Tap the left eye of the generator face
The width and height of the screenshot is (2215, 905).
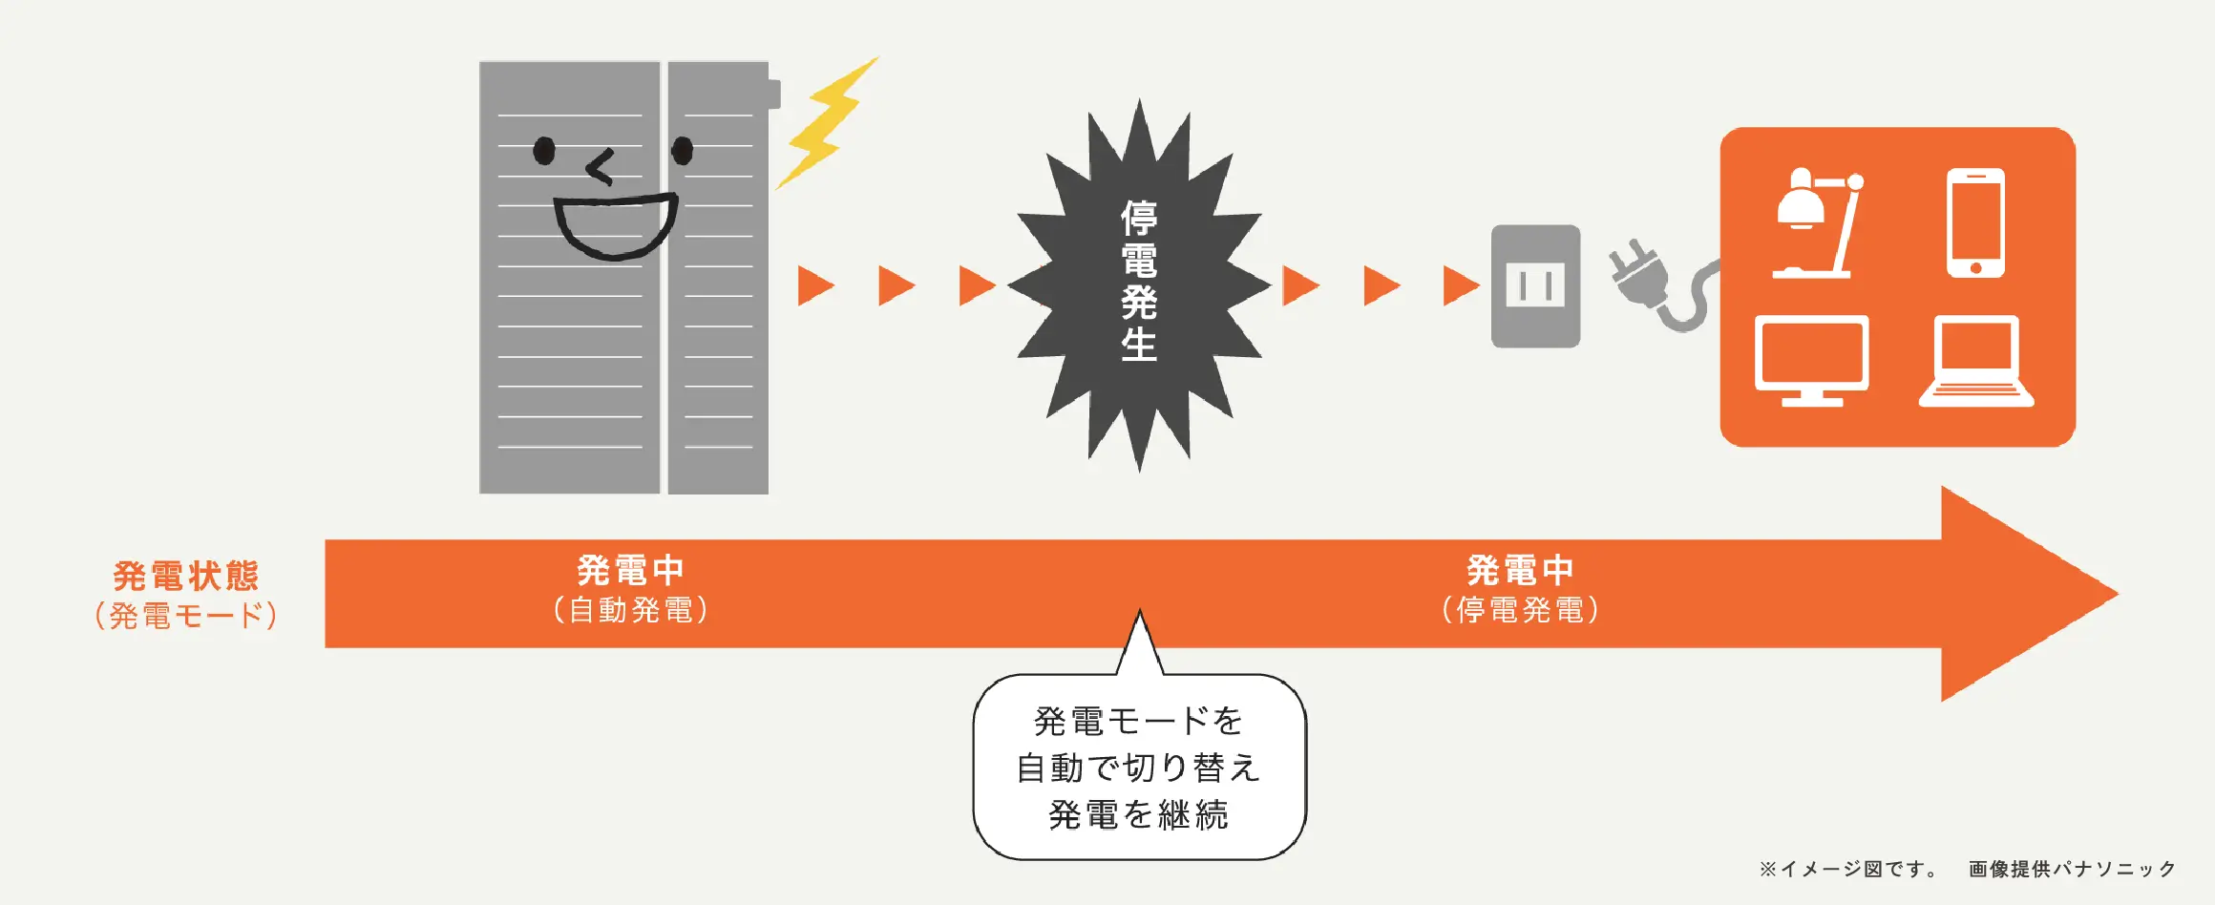click(544, 151)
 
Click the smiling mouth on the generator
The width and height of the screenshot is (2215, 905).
click(616, 227)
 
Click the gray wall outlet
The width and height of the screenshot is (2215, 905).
click(1535, 285)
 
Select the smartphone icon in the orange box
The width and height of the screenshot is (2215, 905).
click(1975, 223)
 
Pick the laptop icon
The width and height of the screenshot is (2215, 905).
click(1976, 361)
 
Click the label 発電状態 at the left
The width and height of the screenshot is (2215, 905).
click(186, 576)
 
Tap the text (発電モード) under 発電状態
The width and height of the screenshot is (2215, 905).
click(186, 616)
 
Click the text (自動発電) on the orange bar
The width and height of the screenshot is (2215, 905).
click(631, 610)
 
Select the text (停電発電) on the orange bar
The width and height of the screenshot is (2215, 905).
click(1521, 610)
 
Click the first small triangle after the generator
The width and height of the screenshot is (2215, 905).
click(814, 285)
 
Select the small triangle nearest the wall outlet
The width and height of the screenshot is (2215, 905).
click(1460, 285)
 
